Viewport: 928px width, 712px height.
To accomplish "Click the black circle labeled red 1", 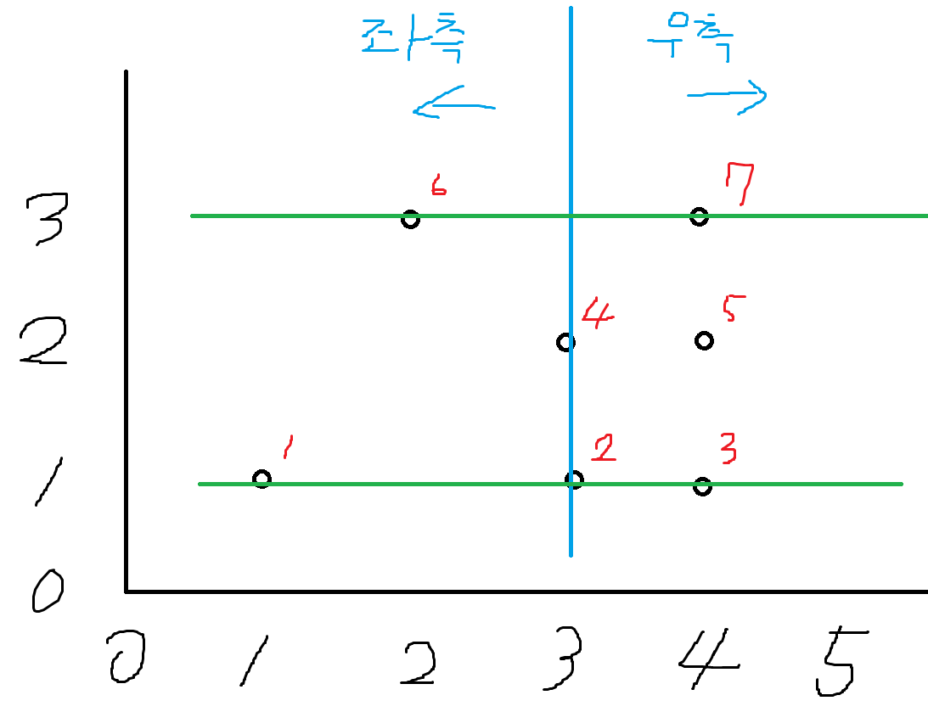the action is [x=262, y=479].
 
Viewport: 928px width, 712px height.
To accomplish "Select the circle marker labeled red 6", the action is [x=410, y=219].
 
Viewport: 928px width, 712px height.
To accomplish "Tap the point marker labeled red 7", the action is [x=699, y=216].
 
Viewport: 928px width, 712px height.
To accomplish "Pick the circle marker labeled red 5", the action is [x=704, y=341].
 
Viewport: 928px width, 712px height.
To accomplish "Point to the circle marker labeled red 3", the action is [x=702, y=486].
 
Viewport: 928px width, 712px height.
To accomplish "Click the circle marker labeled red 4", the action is [x=565, y=343].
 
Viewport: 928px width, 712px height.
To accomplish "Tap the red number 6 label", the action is [x=438, y=185].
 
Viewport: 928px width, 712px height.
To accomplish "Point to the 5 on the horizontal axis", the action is [x=841, y=661].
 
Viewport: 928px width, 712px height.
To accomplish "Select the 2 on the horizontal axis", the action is [x=419, y=661].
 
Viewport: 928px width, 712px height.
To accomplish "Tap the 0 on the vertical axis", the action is [x=48, y=591].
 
